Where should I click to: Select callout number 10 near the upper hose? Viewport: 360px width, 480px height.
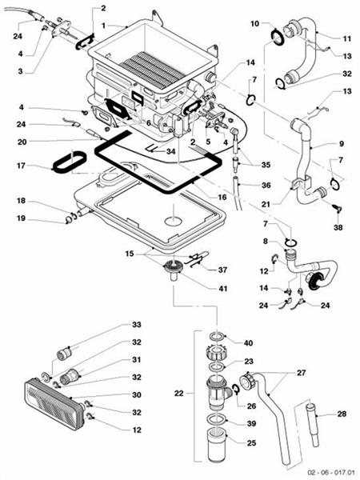(x=255, y=24)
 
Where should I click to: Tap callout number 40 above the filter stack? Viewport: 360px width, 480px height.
(x=248, y=342)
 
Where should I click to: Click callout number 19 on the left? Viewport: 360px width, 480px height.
(x=21, y=218)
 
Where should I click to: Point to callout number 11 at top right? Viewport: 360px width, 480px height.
(x=346, y=38)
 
